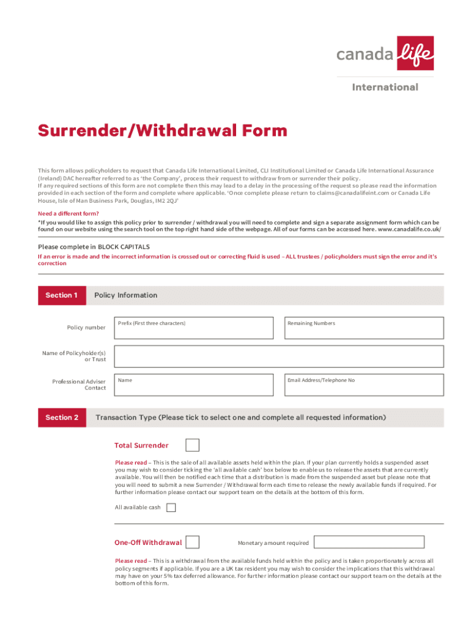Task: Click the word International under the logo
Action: point(385,87)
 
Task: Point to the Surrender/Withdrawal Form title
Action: point(162,130)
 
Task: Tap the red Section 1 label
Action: point(61,295)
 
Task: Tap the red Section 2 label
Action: point(62,418)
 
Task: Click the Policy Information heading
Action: point(125,295)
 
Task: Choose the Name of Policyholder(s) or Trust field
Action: point(278,356)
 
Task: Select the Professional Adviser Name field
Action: point(193,385)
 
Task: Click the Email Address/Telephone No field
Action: point(363,385)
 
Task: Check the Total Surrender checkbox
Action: point(192,445)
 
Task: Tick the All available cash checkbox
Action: point(171,508)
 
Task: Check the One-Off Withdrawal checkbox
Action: point(192,543)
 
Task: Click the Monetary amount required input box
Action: point(369,543)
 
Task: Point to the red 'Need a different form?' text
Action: point(69,214)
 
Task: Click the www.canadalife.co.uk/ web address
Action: point(410,229)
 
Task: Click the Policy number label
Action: point(86,328)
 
